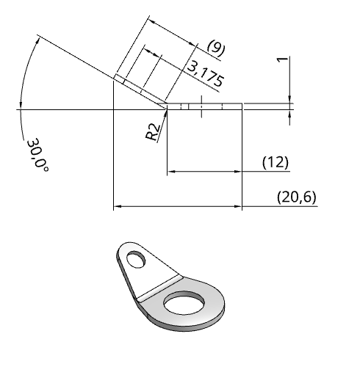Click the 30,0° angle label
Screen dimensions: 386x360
pyautogui.click(x=37, y=155)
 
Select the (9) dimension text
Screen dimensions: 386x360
pyautogui.click(x=216, y=48)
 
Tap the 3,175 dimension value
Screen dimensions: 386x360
pyautogui.click(x=206, y=74)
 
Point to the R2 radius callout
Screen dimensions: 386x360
pyautogui.click(x=154, y=131)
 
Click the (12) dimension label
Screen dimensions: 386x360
pyautogui.click(x=276, y=162)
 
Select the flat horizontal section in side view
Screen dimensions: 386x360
pyautogui.click(x=206, y=106)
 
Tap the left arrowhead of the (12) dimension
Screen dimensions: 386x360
pyautogui.click(x=171, y=172)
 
